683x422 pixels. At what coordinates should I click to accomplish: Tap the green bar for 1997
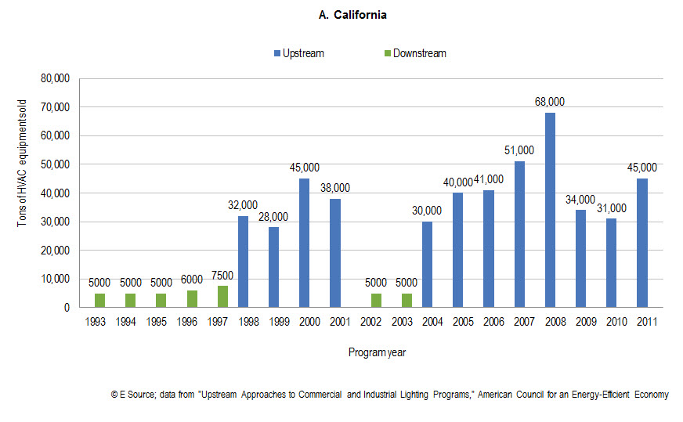click(222, 297)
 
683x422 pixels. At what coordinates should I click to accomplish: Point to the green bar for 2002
click(377, 300)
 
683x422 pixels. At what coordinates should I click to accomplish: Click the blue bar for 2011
click(642, 243)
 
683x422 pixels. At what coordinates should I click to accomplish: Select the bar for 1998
click(243, 261)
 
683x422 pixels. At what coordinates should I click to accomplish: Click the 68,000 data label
click(550, 102)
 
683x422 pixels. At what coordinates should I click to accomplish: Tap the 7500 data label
click(222, 276)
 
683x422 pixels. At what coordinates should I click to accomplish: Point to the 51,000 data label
click(519, 150)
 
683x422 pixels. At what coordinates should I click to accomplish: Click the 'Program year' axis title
click(377, 352)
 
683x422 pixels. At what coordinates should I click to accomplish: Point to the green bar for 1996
click(192, 299)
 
